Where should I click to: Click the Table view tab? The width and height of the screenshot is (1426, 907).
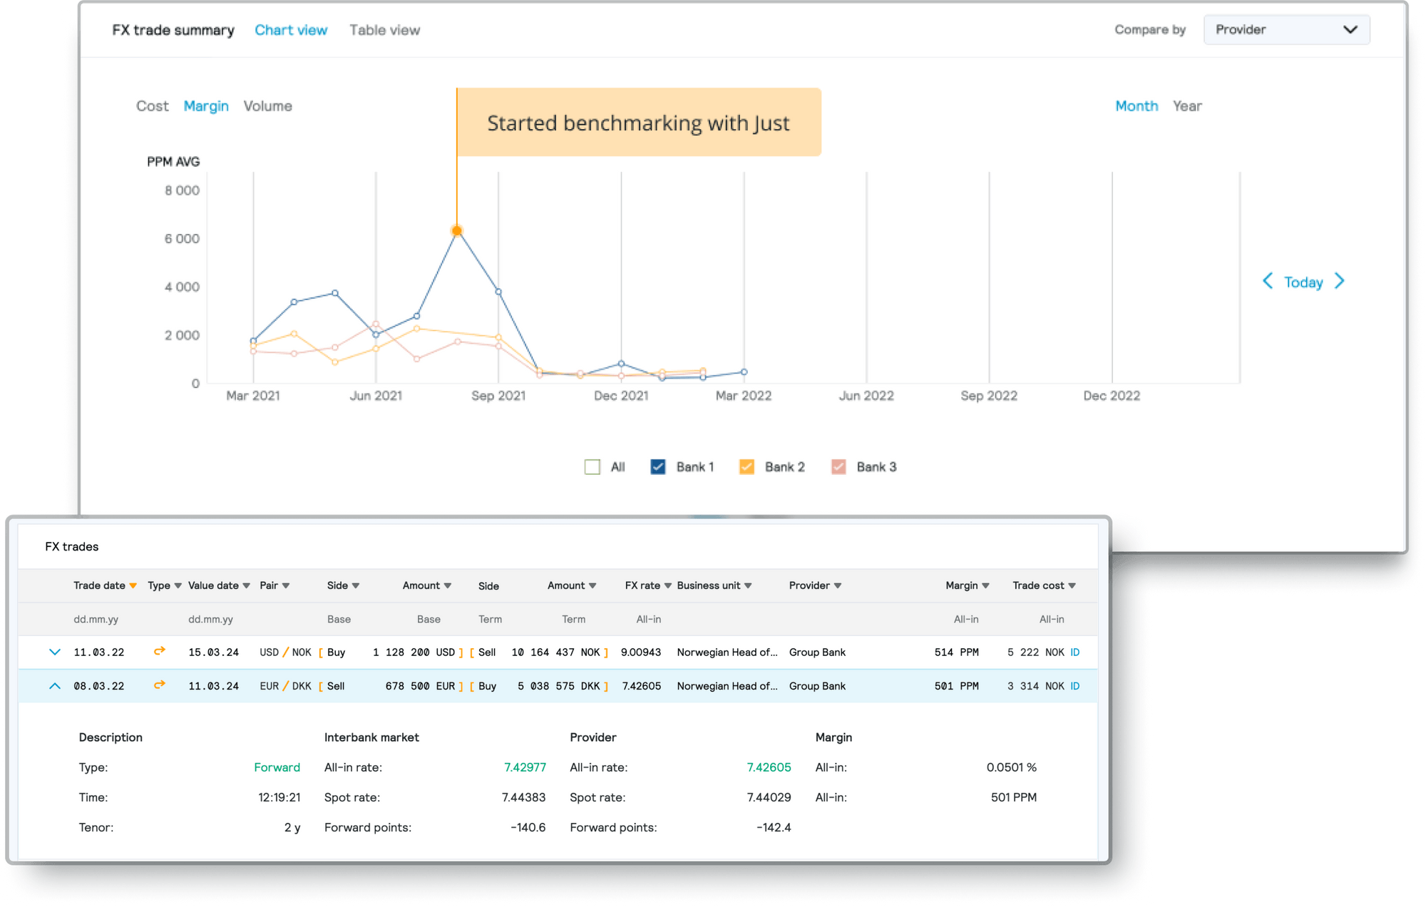[384, 30]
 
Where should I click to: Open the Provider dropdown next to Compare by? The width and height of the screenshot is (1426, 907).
[1286, 29]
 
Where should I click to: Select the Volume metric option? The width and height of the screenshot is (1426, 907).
[267, 106]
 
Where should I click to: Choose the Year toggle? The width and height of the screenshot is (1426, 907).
[1187, 106]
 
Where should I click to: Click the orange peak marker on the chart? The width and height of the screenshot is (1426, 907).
[457, 230]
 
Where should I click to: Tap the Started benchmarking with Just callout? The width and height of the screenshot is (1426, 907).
[638, 123]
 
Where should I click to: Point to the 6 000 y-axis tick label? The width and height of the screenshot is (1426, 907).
[182, 239]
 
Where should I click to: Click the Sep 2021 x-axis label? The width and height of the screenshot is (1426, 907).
[498, 396]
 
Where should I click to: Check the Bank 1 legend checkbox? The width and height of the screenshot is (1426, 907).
[658, 467]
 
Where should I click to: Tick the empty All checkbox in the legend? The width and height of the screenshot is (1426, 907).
[593, 467]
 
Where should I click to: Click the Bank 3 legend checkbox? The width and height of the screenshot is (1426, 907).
[838, 467]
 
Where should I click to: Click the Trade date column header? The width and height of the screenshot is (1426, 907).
[99, 585]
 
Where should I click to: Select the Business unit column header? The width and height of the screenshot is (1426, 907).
[709, 585]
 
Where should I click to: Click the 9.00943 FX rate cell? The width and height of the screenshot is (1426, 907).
[640, 652]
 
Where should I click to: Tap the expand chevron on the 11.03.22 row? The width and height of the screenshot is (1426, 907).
[55, 652]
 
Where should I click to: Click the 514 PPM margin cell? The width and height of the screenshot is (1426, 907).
[956, 652]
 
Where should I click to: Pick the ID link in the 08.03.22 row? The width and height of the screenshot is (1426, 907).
[1074, 686]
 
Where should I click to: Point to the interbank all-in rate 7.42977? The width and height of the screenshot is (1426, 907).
[525, 767]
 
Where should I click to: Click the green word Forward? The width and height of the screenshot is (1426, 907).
[277, 767]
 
